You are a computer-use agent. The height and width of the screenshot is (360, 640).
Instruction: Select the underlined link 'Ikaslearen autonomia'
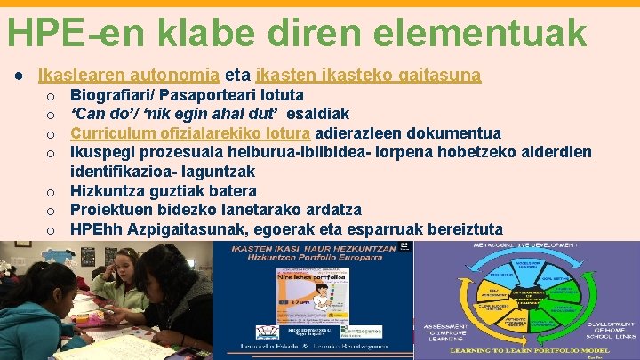click(x=128, y=76)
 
